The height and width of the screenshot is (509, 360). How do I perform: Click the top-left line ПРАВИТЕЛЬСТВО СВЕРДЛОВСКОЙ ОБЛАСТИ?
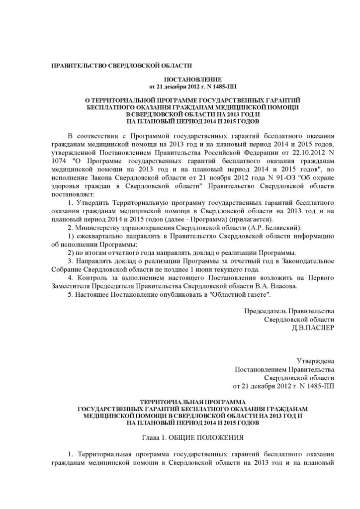pos(122,66)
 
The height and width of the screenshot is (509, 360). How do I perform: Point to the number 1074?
pos(60,162)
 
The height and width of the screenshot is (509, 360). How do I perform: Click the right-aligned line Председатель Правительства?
pos(289,311)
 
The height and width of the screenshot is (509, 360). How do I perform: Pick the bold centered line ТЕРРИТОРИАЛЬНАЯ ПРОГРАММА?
pos(192,401)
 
